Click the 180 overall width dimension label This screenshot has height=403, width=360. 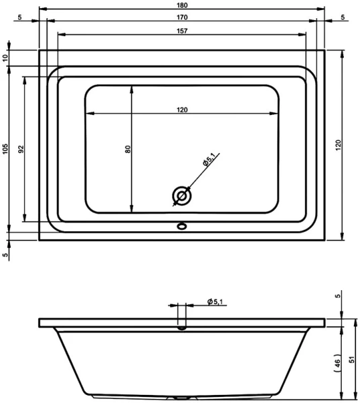pyautogui.click(x=181, y=6)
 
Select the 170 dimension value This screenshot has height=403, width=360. pyautogui.click(x=181, y=17)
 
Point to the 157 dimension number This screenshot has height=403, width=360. pyautogui.click(x=181, y=31)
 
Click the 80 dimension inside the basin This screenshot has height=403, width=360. pyautogui.click(x=128, y=149)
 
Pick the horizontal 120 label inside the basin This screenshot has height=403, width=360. pyautogui.click(x=181, y=110)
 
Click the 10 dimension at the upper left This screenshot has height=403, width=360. pyautogui.click(x=6, y=58)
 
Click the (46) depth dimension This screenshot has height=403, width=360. pyautogui.click(x=338, y=361)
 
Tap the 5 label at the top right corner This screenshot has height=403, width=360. pyautogui.click(x=343, y=17)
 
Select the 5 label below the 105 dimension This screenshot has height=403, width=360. pyautogui.click(x=6, y=255)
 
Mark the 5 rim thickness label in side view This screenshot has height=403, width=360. pyautogui.click(x=338, y=296)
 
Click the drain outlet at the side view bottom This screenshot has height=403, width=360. pyautogui.click(x=180, y=397)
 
